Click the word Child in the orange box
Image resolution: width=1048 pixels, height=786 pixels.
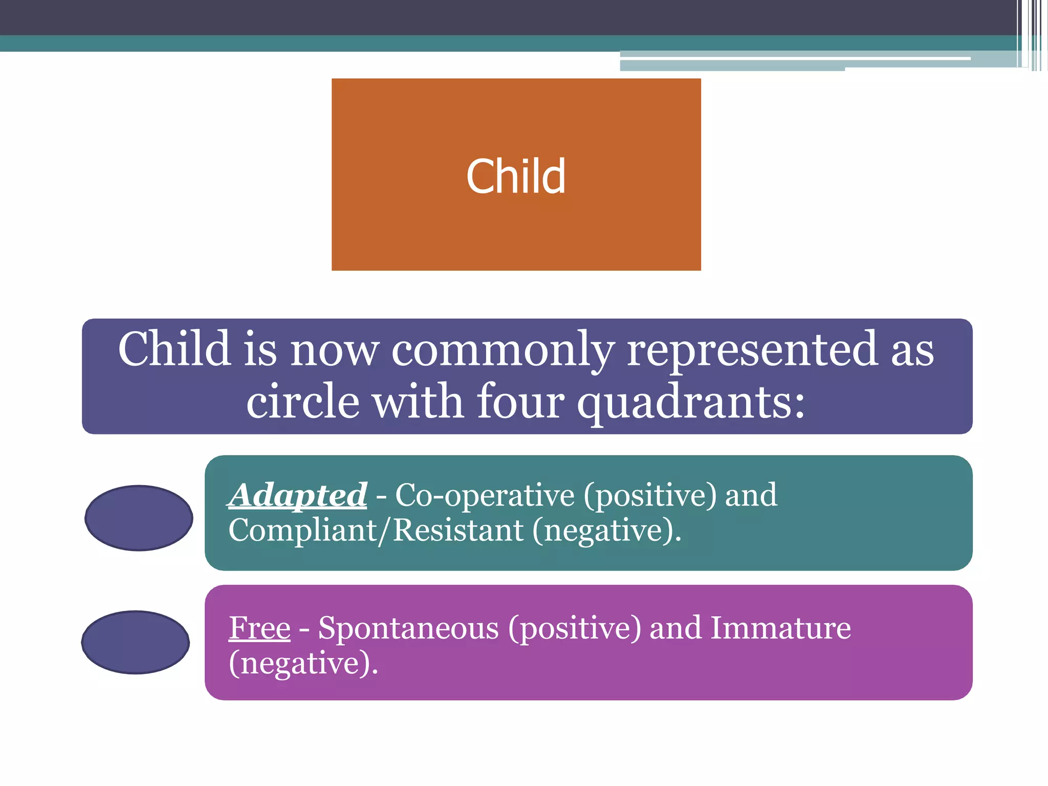516,176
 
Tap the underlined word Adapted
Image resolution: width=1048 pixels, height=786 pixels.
298,495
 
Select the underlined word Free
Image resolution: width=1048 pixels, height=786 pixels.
259,628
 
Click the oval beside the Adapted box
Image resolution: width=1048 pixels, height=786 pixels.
139,518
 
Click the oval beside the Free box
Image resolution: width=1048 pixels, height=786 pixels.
136,642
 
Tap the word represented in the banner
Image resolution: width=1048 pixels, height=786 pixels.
752,351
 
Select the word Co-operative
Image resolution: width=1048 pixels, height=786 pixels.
485,495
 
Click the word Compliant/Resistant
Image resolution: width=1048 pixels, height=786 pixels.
376,530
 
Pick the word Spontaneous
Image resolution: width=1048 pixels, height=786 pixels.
408,628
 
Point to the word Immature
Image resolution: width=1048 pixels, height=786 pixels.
780,628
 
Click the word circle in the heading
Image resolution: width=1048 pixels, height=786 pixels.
303,401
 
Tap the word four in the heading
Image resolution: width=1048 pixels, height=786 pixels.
520,401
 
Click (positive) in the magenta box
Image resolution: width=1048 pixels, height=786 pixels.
574,629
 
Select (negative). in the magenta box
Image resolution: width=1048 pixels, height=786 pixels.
303,664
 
